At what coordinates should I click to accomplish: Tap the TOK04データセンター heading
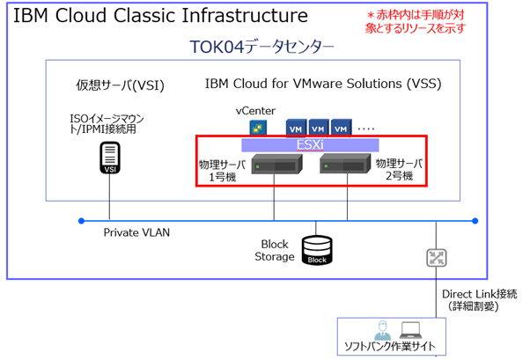(262, 48)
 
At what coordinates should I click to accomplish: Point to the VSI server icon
(110, 159)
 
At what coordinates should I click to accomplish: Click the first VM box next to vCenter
(296, 129)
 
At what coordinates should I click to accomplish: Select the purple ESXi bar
(311, 145)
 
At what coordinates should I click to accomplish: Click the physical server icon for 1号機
(272, 164)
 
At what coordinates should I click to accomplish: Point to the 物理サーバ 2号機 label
(397, 170)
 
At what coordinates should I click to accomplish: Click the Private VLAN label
(136, 233)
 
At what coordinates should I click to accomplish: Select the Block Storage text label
(276, 250)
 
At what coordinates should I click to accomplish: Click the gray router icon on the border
(436, 258)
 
